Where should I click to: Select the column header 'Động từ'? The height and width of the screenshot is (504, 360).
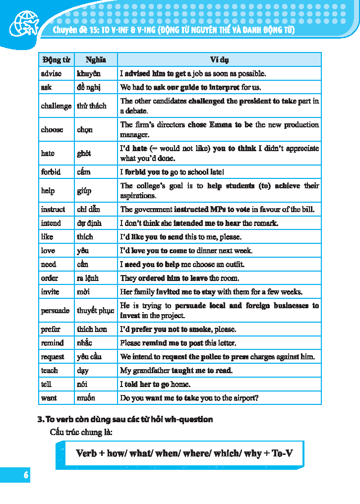coord(56,60)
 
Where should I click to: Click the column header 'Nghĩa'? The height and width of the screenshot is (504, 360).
coord(96,60)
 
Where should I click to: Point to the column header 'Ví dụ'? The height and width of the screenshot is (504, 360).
coord(219,60)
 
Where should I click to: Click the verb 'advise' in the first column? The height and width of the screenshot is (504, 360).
coord(51,74)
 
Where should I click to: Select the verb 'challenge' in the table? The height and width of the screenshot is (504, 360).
coord(56,106)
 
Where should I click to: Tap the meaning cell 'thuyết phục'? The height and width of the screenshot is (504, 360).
coord(95,311)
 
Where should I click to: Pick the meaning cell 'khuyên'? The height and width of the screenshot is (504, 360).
coord(89,74)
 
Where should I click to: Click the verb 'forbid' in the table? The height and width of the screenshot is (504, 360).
coord(51,172)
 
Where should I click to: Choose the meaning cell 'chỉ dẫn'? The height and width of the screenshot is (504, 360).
coord(88,210)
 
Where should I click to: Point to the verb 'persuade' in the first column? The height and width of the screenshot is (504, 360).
coord(55,311)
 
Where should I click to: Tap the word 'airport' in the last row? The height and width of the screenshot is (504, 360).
coord(245,398)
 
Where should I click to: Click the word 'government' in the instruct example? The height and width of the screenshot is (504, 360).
coord(152,210)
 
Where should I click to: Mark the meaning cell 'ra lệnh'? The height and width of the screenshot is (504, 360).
coord(87,279)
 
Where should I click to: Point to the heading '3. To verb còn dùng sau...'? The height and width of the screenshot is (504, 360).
coord(125,419)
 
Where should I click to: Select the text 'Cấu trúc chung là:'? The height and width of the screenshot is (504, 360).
coord(81,432)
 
